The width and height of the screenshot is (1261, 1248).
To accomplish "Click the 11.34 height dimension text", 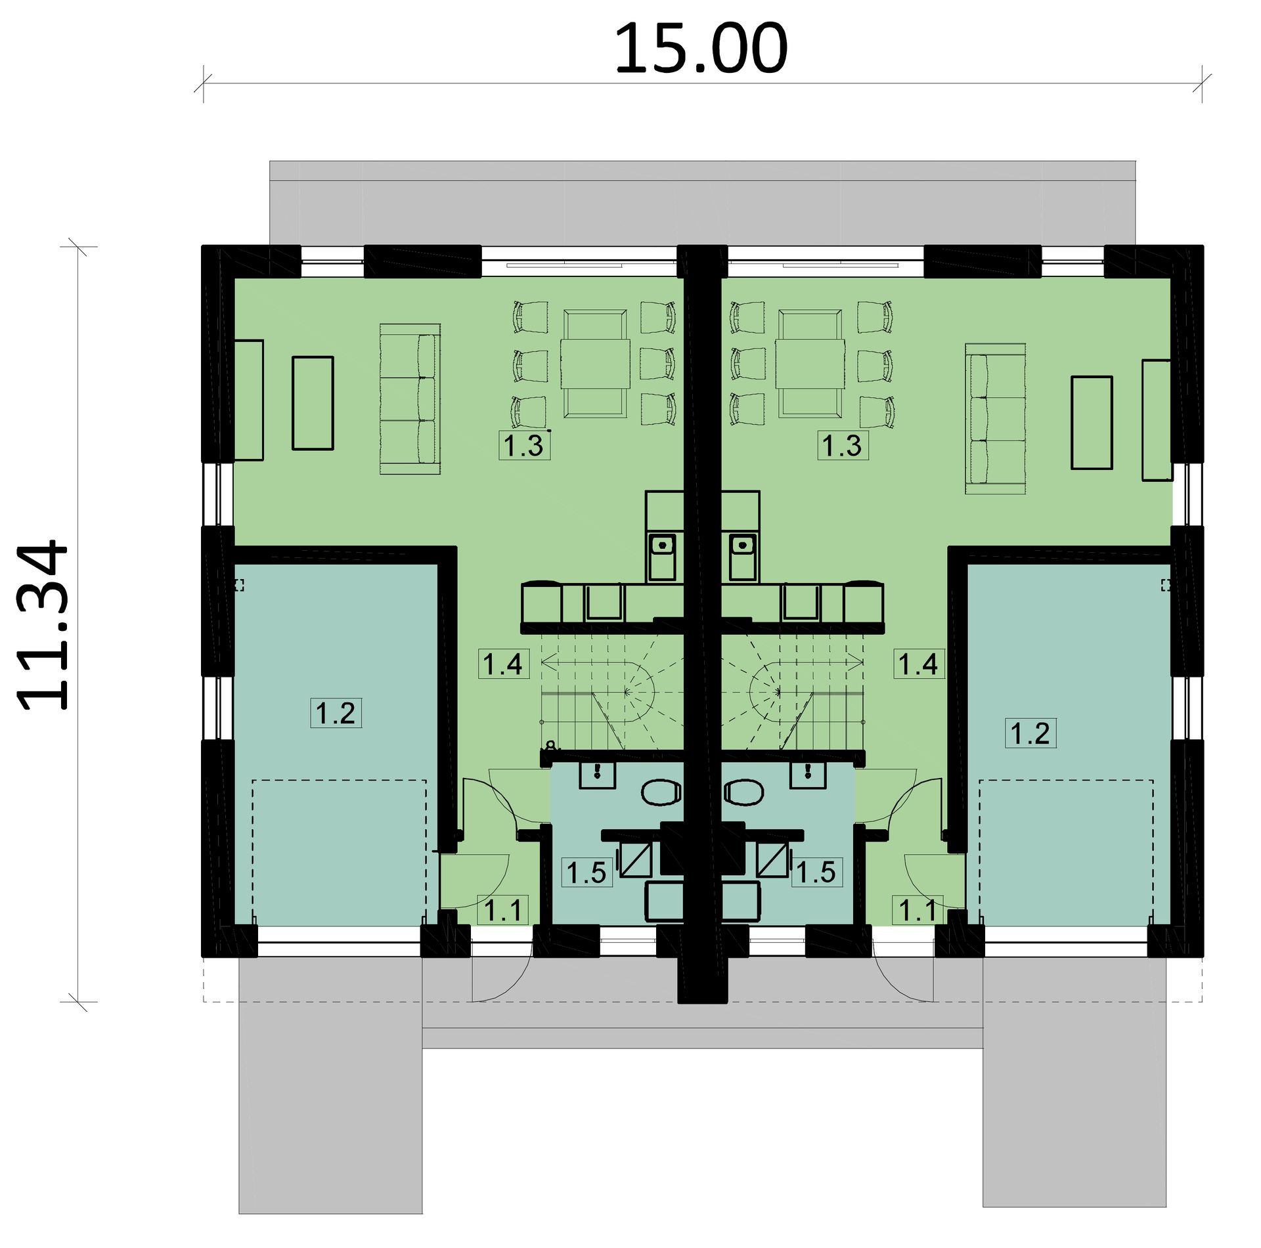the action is [x=43, y=626].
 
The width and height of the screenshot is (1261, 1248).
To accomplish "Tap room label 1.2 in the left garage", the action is [x=336, y=713].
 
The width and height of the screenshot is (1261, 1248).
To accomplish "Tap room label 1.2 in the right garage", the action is [x=1030, y=733].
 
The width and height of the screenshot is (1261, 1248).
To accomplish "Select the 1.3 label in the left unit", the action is [x=523, y=446].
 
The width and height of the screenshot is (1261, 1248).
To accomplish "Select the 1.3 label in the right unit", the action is [x=843, y=446].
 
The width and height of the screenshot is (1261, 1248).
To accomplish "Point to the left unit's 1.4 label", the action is [x=503, y=664].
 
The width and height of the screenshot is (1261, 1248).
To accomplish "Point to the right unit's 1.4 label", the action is [x=919, y=664].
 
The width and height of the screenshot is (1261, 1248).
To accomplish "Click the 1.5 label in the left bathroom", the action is [x=587, y=872].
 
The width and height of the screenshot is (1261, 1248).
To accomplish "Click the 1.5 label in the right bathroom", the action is [x=816, y=872].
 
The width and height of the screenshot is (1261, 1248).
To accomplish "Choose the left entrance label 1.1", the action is [x=503, y=911].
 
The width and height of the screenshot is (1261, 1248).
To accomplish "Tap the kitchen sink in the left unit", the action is [x=662, y=557].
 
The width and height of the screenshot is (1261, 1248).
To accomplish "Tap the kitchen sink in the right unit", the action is [x=743, y=557].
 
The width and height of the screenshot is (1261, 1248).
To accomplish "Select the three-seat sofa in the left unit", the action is [x=410, y=398].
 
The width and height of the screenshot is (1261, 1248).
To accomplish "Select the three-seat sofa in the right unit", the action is [x=995, y=418].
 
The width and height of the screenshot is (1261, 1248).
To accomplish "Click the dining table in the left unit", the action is [x=595, y=364].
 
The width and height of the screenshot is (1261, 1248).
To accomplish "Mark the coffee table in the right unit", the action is [x=1092, y=423].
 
